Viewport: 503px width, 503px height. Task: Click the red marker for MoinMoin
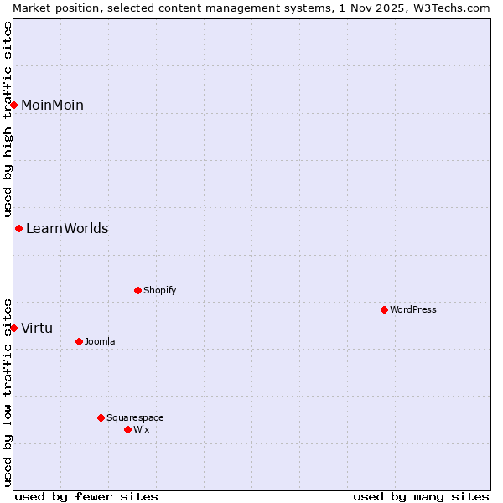coord(14,105)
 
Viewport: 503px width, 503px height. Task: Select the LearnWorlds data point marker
coord(18,228)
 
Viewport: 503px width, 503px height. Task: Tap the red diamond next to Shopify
coord(138,290)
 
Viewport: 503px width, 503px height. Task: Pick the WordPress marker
coord(385,309)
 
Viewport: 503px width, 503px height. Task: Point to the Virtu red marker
coord(14,328)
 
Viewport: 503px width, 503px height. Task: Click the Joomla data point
coord(80,341)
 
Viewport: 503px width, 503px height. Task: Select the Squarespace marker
coord(101,417)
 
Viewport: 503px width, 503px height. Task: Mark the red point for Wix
coord(128,429)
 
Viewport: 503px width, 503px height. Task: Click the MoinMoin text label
coord(52,105)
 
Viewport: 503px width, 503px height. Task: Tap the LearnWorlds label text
coord(67,228)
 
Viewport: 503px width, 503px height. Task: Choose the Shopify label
coord(159,290)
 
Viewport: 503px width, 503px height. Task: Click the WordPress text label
coord(413,309)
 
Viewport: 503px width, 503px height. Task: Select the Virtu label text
coord(37,328)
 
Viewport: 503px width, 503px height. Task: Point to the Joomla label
coord(100,341)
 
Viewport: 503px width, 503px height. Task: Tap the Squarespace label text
coord(135,417)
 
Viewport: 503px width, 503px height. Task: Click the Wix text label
coord(141,429)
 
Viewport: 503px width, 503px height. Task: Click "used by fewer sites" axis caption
coord(86,496)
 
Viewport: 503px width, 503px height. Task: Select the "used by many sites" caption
coord(421,496)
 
